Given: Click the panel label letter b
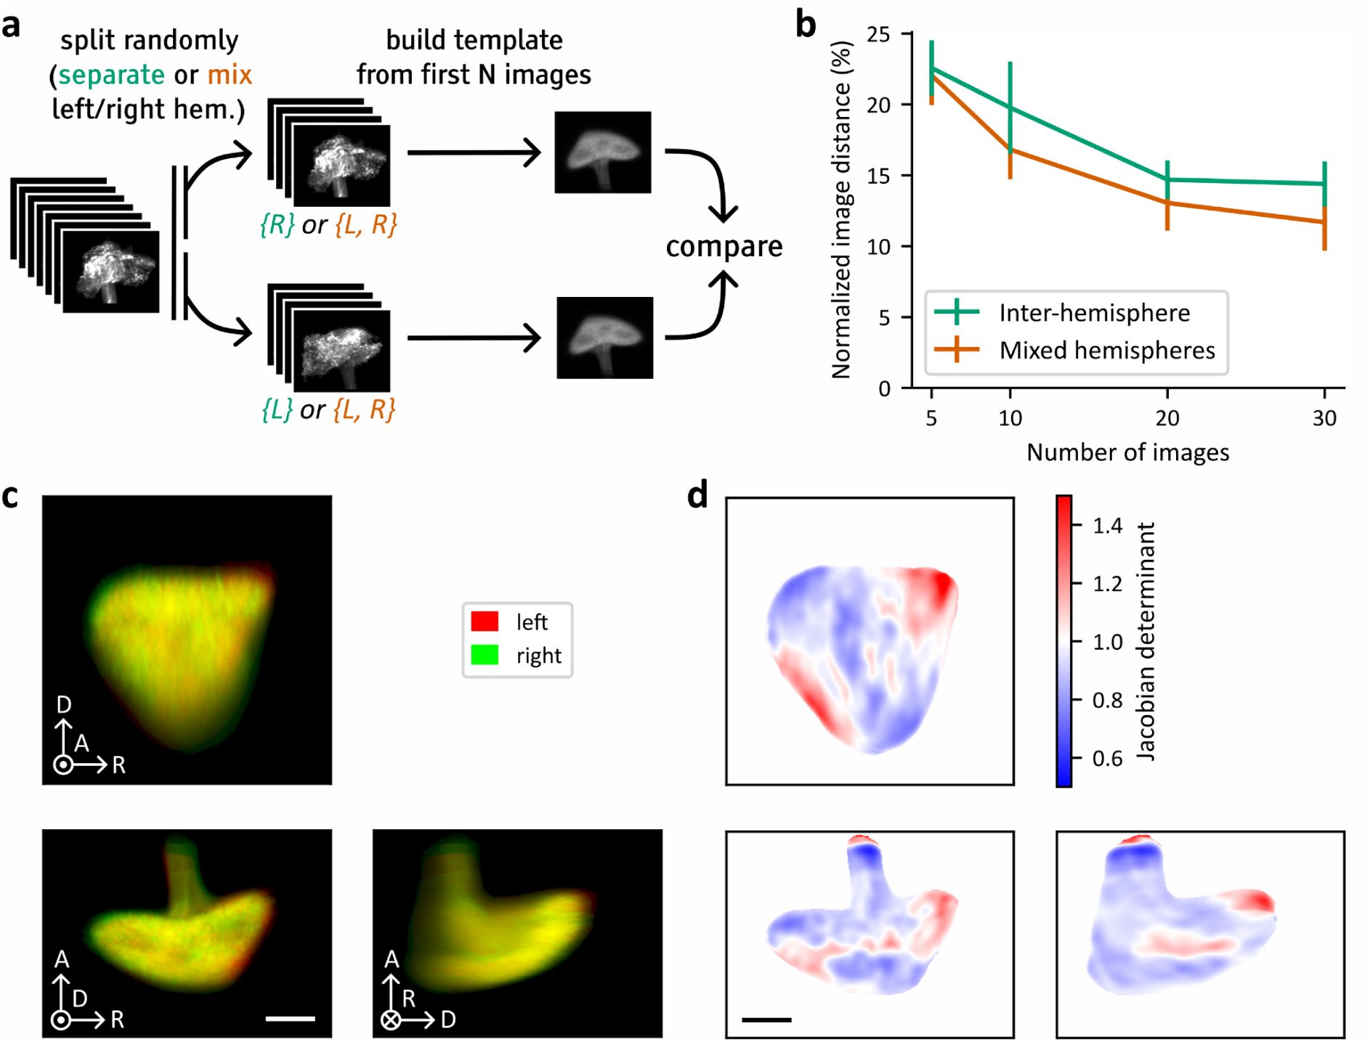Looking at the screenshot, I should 806,25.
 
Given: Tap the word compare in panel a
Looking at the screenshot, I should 723,247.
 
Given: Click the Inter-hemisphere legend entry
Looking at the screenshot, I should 1094,313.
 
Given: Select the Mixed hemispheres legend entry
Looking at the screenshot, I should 1106,351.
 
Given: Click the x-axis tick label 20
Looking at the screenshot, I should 1167,418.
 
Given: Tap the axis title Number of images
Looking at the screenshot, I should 1127,452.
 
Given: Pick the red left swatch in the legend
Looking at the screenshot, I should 485,622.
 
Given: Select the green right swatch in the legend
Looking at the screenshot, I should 485,655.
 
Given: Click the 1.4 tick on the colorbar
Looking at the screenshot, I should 1107,526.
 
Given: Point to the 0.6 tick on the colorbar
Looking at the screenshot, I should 1107,759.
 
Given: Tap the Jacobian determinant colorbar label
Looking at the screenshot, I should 1146,640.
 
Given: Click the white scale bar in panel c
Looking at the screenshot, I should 290,1019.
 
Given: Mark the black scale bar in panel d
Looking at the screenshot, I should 766,1020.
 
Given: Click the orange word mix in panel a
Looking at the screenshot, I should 230,75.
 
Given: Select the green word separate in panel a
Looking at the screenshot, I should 112,75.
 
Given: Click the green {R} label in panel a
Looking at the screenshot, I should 277,225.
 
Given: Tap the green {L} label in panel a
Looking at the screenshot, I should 277,410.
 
